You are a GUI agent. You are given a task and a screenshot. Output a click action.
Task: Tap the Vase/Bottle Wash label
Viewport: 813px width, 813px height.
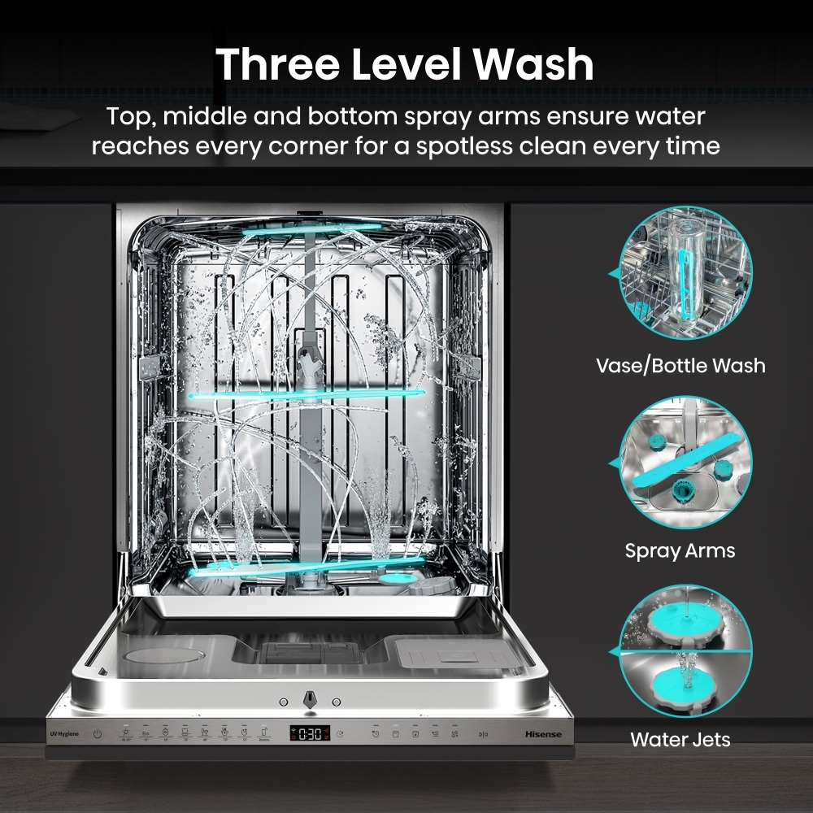[680, 365]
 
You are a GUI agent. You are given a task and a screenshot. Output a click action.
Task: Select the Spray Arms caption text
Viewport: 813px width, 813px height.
[680, 550]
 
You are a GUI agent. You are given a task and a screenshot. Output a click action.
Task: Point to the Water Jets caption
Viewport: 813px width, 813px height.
[680, 740]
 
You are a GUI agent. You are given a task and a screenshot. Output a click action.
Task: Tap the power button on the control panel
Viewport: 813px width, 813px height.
[98, 734]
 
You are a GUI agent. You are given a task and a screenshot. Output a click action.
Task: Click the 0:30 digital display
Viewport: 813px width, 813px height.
[310, 734]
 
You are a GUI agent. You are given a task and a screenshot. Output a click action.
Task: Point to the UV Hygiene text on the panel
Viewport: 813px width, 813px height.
[64, 734]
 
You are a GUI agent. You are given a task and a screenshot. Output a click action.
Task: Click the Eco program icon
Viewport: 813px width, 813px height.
[145, 734]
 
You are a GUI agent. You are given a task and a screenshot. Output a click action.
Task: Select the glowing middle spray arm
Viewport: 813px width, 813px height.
[307, 394]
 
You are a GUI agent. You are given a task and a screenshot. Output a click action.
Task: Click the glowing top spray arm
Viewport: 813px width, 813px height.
[311, 228]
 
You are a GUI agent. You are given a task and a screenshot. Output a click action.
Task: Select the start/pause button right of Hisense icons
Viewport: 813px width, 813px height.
[483, 734]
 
